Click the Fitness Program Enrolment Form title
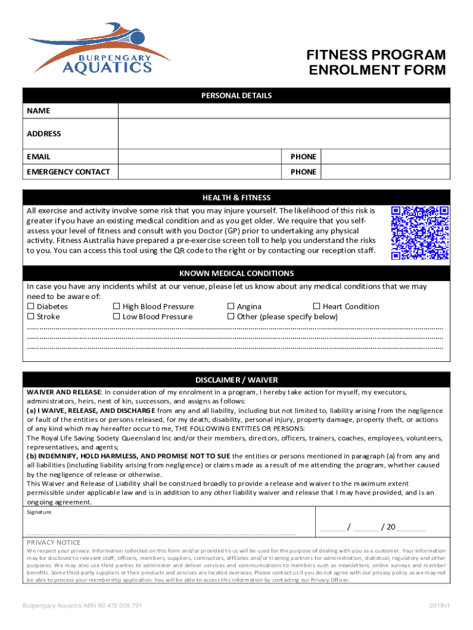(376, 63)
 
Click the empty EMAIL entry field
(200, 157)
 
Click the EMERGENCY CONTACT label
(68, 172)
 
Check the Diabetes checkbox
(30, 306)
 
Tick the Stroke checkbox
(30, 317)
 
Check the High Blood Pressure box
(116, 306)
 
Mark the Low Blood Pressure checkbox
(116, 317)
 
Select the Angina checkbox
(231, 306)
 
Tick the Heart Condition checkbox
(317, 306)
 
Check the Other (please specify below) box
(231, 317)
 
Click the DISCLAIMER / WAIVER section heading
(237, 380)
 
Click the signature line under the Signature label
(161, 533)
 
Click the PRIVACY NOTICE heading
(53, 542)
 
